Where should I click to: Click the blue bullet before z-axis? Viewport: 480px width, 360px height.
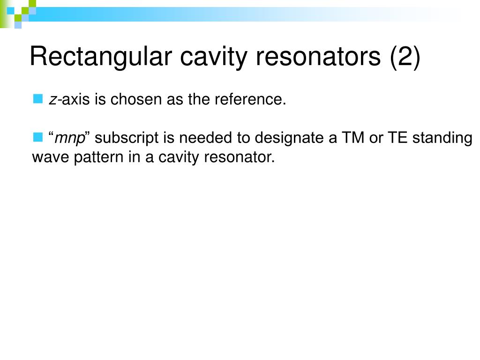pos(37,98)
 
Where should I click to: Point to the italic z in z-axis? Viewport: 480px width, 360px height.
pos(52,100)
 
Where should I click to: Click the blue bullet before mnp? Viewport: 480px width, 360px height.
pos(37,137)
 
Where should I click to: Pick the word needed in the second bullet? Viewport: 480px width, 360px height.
pos(200,138)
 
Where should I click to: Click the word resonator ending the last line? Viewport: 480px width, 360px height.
pos(240,157)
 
